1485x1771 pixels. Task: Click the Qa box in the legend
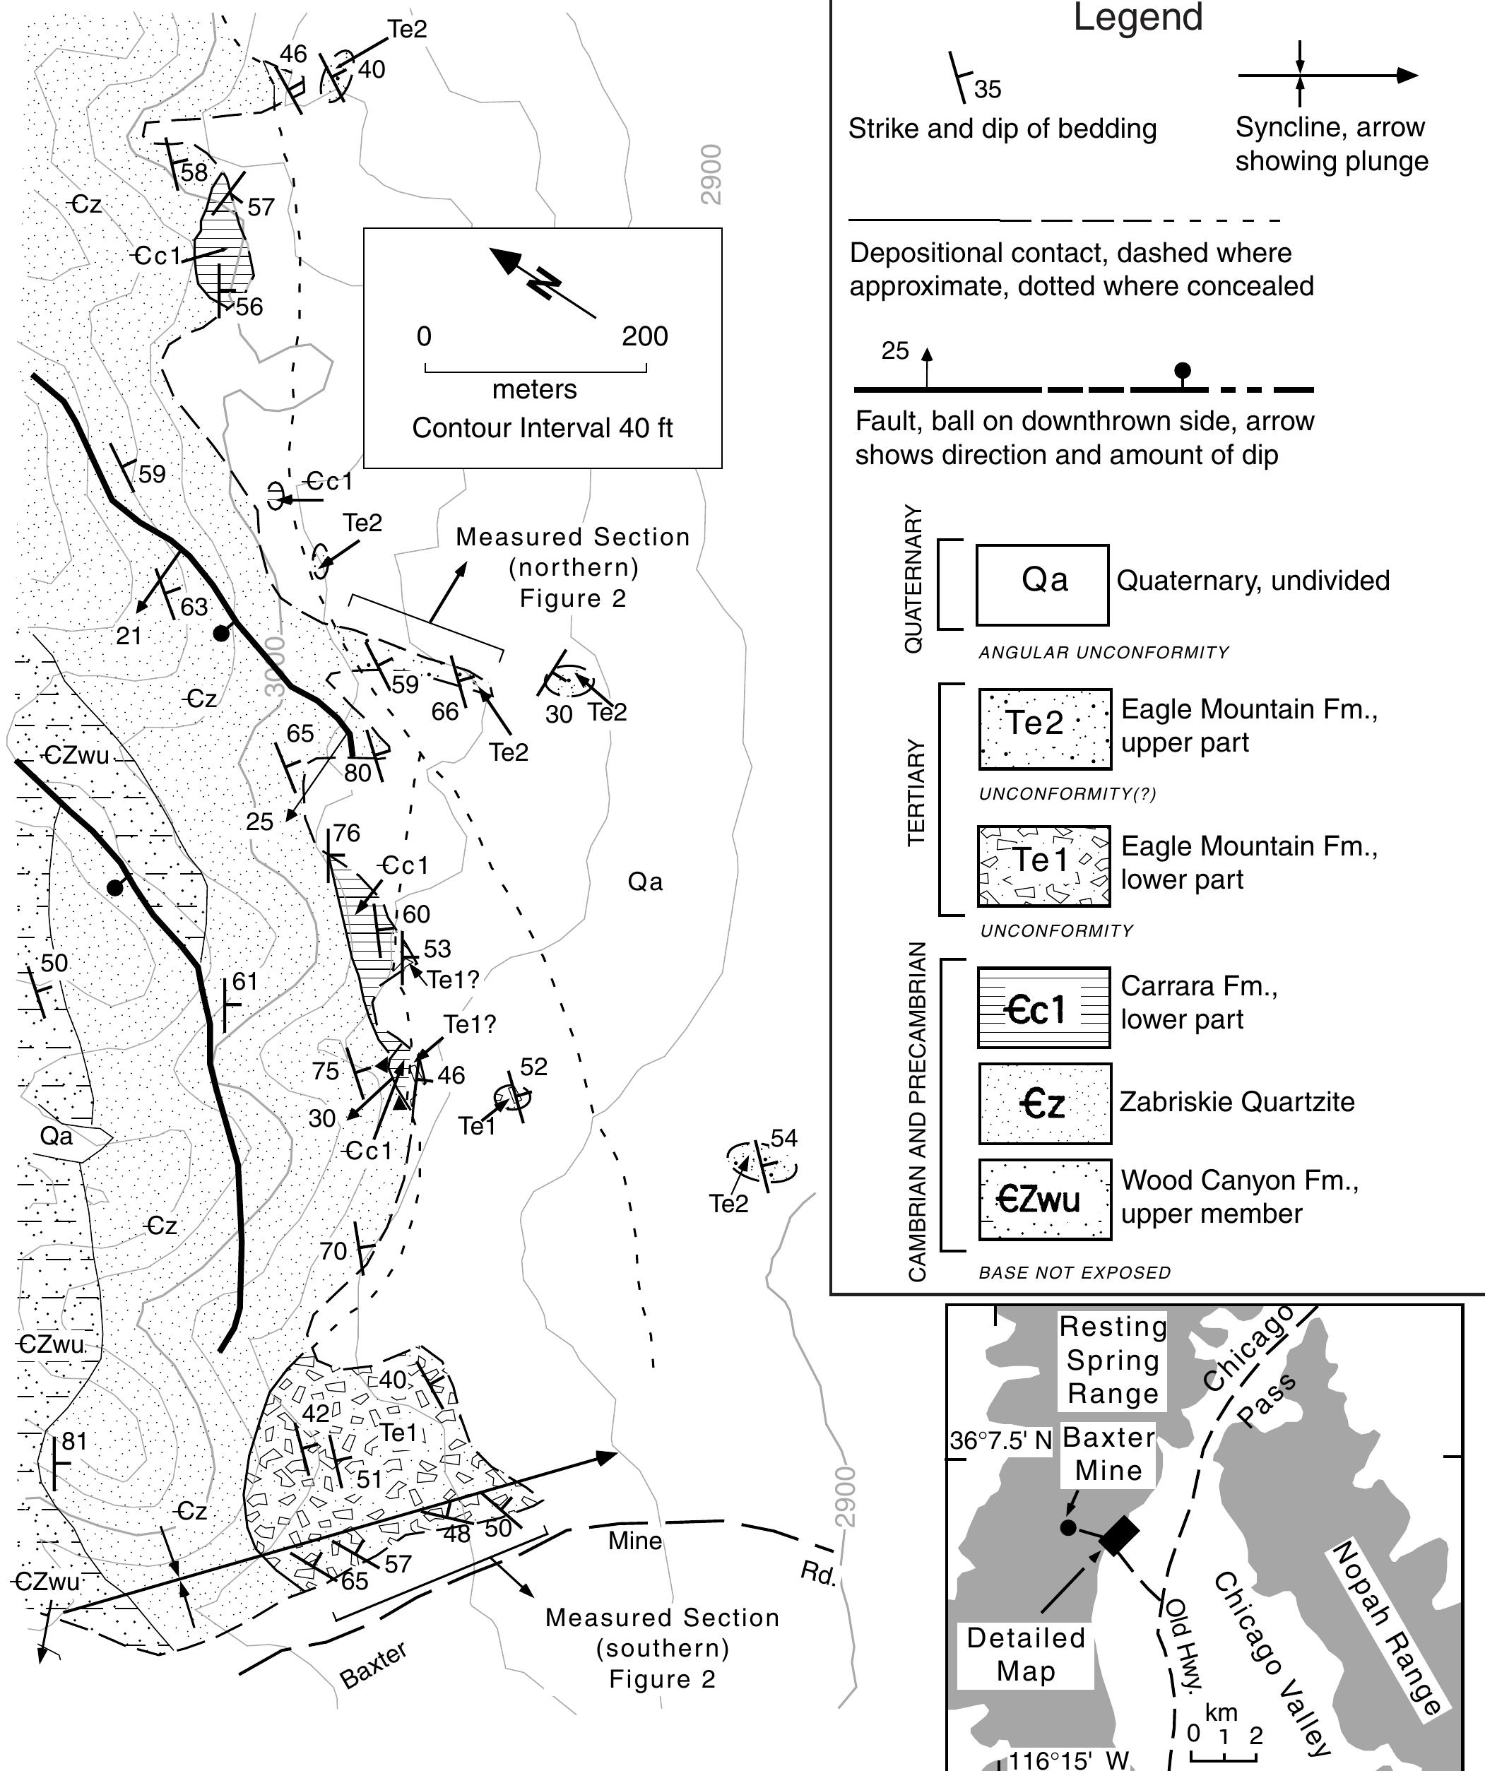point(1041,584)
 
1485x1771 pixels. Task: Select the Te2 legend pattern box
point(1045,728)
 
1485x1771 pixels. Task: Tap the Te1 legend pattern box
point(1043,866)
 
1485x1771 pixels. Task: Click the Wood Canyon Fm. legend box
point(1044,1200)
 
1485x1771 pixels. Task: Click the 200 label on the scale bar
point(644,336)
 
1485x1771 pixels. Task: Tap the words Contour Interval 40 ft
point(543,428)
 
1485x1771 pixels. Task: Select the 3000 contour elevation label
point(275,666)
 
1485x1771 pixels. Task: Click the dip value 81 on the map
point(74,1441)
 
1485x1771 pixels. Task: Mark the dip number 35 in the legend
point(988,88)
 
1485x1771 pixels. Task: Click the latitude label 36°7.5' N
point(1000,1440)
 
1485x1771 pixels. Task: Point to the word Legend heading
point(1137,18)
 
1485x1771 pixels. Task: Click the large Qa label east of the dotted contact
point(645,882)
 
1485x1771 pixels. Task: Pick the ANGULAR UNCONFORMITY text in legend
point(1103,653)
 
